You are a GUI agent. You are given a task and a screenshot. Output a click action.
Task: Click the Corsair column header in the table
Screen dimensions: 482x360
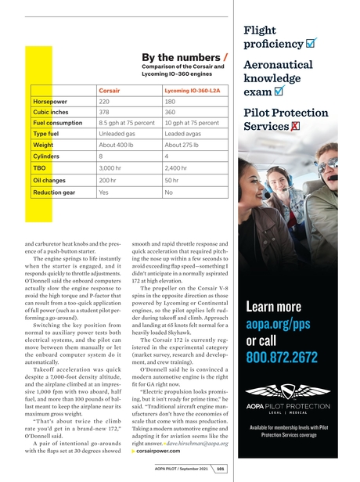point(109,92)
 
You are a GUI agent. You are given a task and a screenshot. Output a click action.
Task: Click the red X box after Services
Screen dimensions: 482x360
point(296,128)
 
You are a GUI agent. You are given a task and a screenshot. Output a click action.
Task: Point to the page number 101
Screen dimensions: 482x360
point(221,469)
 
